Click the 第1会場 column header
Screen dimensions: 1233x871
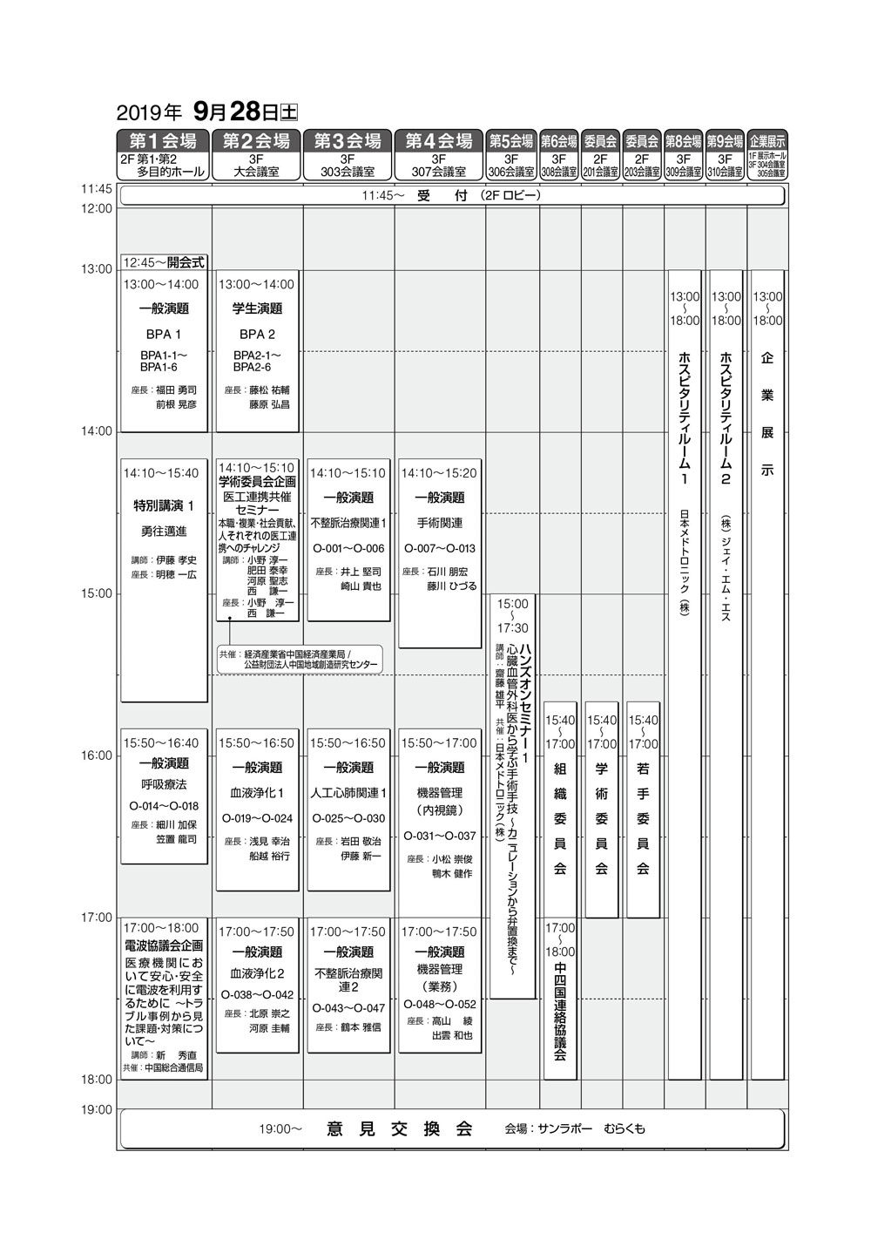(x=164, y=140)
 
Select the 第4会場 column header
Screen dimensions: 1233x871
(x=439, y=140)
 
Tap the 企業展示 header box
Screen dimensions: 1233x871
(x=767, y=140)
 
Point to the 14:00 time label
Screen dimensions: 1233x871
(x=97, y=431)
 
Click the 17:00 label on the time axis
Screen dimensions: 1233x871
(x=97, y=918)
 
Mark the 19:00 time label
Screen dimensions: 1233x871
(x=97, y=1109)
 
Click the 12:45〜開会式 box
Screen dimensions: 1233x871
(x=164, y=261)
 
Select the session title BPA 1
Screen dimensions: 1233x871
(x=164, y=335)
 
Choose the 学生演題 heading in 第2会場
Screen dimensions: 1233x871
(x=257, y=308)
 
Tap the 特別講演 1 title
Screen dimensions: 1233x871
(x=164, y=505)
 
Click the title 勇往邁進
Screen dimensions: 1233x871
(x=164, y=531)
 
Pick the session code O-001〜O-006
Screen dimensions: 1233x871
(x=348, y=548)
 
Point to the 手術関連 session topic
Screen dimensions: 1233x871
(x=439, y=523)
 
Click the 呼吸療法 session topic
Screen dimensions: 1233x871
(x=164, y=784)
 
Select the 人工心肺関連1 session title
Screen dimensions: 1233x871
(x=348, y=793)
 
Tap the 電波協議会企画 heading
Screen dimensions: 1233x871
(x=164, y=945)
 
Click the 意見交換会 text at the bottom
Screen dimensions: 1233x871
(x=400, y=1129)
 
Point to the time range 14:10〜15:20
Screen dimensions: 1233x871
(x=439, y=473)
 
